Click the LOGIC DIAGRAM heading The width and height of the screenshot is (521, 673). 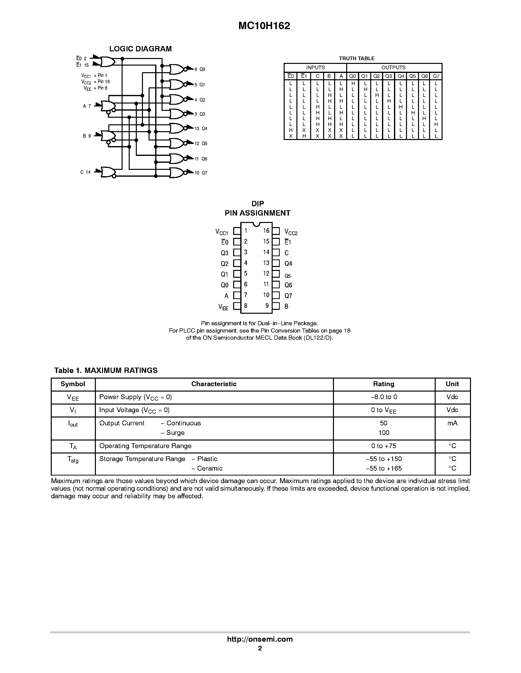point(140,49)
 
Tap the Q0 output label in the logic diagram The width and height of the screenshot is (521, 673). point(202,69)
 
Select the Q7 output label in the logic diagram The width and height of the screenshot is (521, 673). point(204,173)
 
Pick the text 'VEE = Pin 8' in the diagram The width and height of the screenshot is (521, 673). point(95,88)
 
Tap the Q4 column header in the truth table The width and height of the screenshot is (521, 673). point(401,76)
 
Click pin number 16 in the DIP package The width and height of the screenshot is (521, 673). point(266,231)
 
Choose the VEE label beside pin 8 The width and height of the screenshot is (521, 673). point(223,307)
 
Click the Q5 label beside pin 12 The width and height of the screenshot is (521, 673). point(287,276)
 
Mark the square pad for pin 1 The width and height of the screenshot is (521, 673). point(237,231)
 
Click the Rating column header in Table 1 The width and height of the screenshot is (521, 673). point(384,384)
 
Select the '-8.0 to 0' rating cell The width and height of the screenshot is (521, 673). point(384,397)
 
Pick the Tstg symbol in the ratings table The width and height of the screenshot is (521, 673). point(73,459)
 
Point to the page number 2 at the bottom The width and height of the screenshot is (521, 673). point(260,648)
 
